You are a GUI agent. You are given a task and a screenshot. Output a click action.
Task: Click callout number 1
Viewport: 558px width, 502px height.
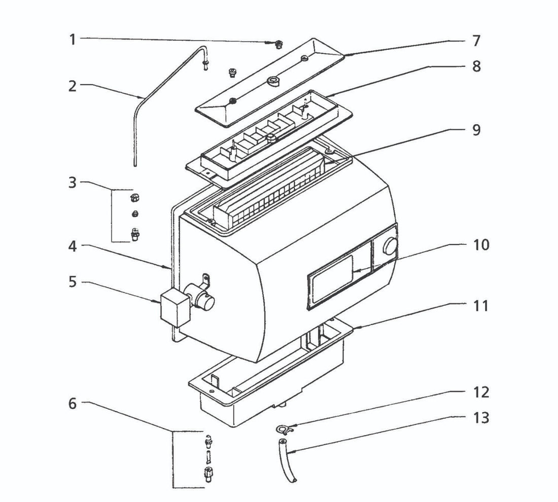coord(73,39)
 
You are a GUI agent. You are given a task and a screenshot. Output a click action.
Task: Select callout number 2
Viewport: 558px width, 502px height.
coord(73,86)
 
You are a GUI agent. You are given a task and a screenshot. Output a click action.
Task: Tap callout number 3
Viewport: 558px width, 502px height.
coord(73,182)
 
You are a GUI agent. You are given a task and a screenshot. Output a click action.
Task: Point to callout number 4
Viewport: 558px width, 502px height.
coord(73,247)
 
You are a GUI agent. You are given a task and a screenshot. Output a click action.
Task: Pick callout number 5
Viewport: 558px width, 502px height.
coord(73,281)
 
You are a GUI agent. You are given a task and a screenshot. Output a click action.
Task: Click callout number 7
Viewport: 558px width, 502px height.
coord(476,41)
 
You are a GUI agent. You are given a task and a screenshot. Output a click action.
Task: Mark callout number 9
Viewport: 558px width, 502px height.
coord(476,130)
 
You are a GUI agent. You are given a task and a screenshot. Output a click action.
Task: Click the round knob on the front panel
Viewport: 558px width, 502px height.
coord(390,247)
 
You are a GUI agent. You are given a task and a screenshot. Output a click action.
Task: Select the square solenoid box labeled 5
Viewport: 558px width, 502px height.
coord(173,306)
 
